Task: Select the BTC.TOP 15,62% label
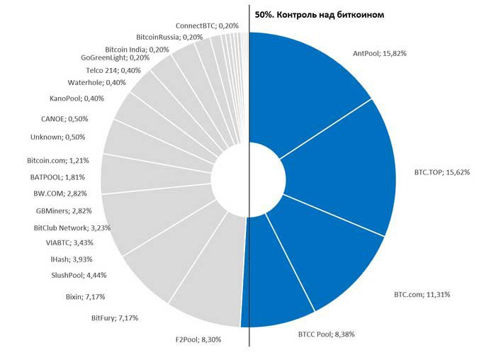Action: [x=441, y=172]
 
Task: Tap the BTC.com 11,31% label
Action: [x=422, y=294]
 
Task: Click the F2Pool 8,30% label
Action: [x=198, y=340]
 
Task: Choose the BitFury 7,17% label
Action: [x=115, y=318]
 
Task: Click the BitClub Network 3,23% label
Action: [x=72, y=227]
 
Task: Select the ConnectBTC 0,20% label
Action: [x=207, y=26]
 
